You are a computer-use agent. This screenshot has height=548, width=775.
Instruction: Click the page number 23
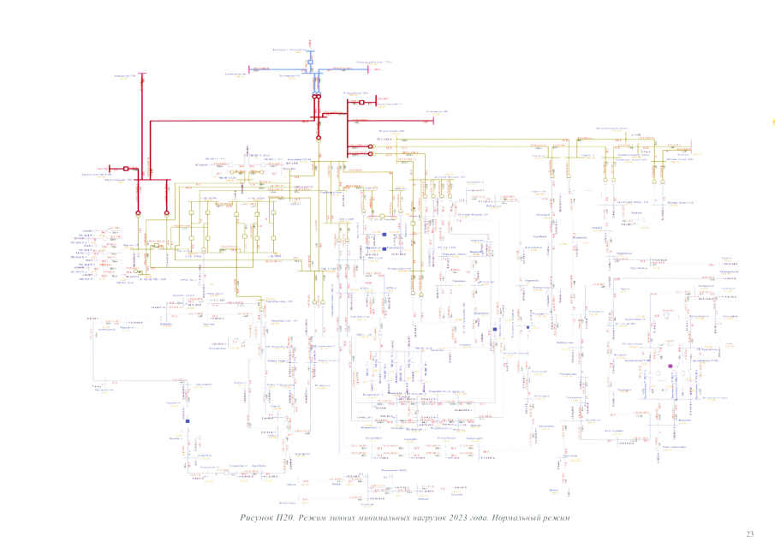click(749, 534)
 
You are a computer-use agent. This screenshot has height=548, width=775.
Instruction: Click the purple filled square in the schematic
click(671, 366)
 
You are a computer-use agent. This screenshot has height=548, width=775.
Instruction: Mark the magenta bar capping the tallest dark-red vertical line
click(143, 74)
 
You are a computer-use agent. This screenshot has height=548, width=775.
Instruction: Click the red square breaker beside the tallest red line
click(126, 169)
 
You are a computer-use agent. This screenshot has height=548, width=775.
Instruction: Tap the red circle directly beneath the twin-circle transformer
click(317, 137)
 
